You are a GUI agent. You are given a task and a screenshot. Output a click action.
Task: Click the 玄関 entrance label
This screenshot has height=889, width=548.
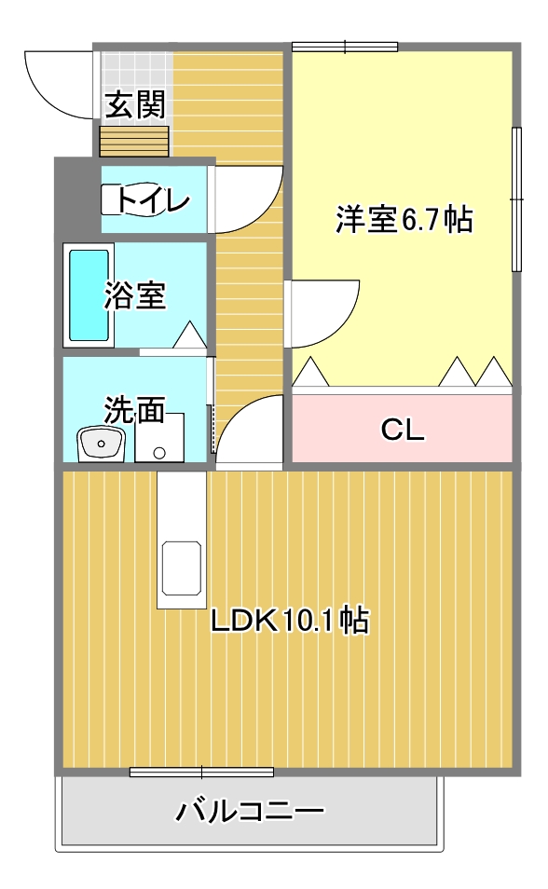pos(135,105)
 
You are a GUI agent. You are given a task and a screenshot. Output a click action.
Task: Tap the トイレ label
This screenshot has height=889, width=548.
pos(153,199)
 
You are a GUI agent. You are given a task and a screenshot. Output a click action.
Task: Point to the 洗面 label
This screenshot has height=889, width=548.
pos(134,409)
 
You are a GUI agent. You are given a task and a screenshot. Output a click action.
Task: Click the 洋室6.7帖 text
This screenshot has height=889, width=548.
pos(404,219)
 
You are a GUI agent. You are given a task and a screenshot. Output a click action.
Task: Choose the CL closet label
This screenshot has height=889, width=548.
pos(403,430)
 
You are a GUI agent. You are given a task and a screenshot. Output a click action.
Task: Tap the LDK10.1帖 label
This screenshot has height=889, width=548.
pos(290,621)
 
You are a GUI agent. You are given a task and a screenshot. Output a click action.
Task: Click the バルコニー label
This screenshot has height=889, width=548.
pos(250,812)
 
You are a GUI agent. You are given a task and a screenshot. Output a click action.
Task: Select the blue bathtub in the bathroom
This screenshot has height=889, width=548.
pos(89,295)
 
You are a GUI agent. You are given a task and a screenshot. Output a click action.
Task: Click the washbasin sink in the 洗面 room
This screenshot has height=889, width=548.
pos(101,444)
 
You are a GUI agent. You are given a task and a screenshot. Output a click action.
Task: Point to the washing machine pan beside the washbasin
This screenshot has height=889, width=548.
pos(159,437)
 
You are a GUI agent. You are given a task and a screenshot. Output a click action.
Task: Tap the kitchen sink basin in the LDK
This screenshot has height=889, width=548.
pos(182,568)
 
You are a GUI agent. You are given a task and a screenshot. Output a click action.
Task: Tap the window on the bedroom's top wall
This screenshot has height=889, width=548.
pos(345,47)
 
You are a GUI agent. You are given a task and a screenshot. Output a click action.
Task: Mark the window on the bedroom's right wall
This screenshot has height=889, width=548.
pos(516,199)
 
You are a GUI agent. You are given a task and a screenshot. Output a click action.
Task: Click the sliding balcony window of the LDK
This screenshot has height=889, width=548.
pos(201,773)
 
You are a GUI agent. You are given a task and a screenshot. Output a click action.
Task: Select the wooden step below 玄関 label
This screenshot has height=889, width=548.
pos(134,141)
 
